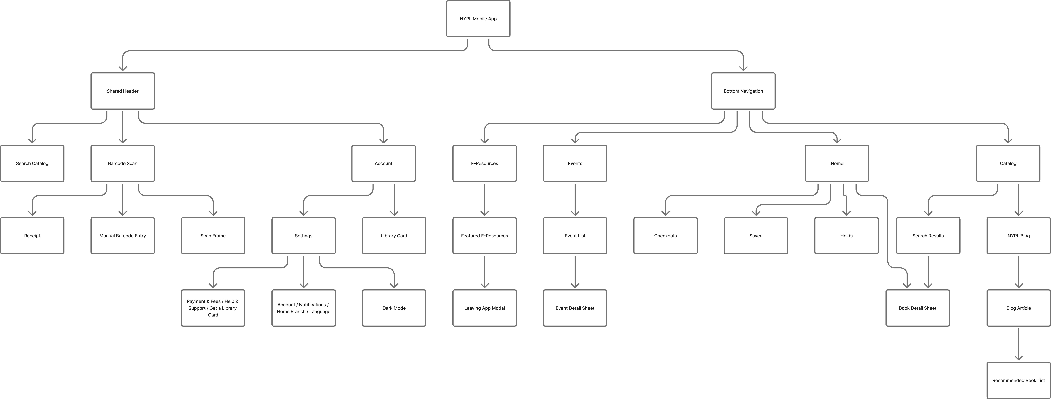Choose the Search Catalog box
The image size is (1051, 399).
pos(32,163)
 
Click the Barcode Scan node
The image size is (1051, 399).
pos(122,163)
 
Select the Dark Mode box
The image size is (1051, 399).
pos(394,308)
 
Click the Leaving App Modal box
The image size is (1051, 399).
pos(484,308)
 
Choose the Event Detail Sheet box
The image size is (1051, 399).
pos(575,308)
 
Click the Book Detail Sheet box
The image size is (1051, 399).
pos(917,308)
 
